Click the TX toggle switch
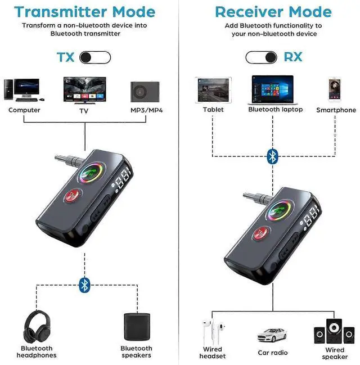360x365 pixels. coord(94,57)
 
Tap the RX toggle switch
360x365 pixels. coord(261,57)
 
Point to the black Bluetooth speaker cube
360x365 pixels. coord(136,327)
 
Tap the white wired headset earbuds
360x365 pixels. coord(213,332)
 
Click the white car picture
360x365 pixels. coord(272,335)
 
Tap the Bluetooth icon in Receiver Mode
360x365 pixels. coord(272,155)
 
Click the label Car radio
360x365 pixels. coord(272,353)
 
